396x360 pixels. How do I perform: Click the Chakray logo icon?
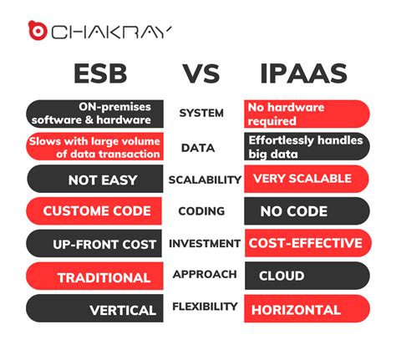click(37, 33)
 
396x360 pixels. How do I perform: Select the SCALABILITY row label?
click(205, 179)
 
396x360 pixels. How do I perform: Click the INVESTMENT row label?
click(205, 243)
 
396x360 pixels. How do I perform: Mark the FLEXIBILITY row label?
click(205, 307)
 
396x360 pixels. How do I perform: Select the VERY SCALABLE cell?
click(306, 179)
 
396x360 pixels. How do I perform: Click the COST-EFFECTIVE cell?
click(306, 243)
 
